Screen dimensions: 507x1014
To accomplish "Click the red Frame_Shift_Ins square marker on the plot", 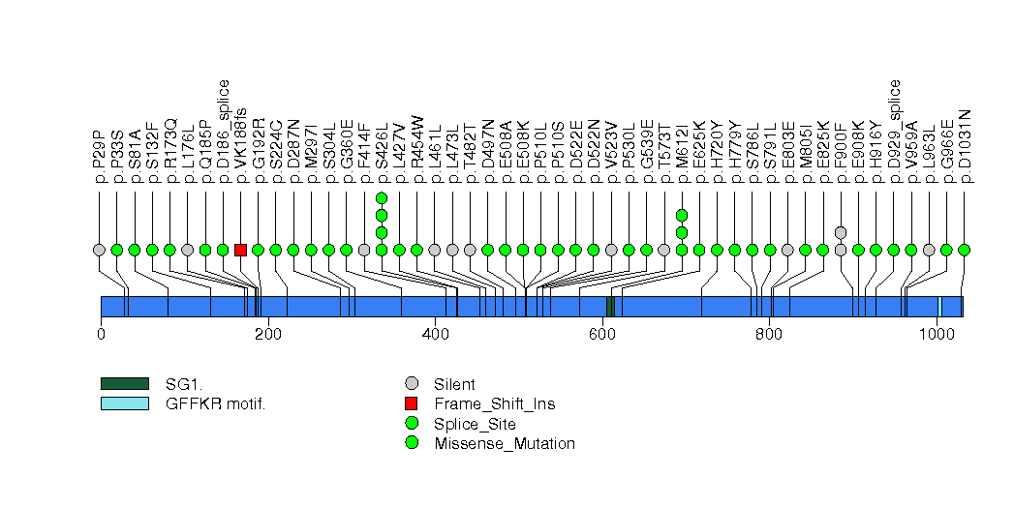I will pyautogui.click(x=240, y=250).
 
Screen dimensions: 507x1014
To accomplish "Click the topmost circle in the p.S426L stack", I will pyautogui.click(x=382, y=197).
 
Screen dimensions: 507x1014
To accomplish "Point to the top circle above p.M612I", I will pyautogui.click(x=682, y=215).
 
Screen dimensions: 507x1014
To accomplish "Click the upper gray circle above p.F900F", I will pyautogui.click(x=841, y=232).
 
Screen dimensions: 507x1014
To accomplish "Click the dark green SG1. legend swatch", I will pyautogui.click(x=124, y=384).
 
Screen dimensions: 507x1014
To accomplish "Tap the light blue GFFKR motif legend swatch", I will pyautogui.click(x=124, y=403).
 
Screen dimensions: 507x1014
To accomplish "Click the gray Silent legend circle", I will pyautogui.click(x=412, y=384).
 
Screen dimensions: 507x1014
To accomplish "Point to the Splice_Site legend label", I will pyautogui.click(x=475, y=424).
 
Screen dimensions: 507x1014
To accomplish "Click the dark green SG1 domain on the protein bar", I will pyautogui.click(x=609, y=307).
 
